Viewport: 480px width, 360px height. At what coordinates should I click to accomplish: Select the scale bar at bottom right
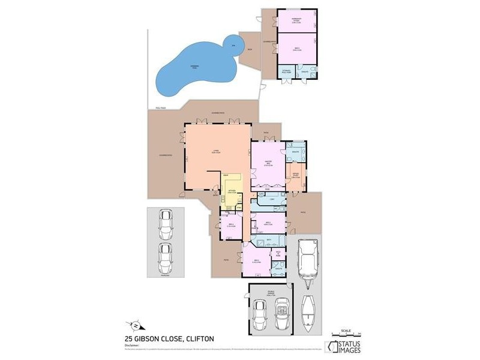coord(345,332)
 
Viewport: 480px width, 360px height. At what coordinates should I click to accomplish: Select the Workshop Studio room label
coord(296,20)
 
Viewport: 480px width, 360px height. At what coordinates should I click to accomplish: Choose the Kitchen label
coord(232,192)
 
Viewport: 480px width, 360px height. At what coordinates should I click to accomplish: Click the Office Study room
coord(296,176)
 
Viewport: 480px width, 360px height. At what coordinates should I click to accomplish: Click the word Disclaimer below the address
coord(132,345)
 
